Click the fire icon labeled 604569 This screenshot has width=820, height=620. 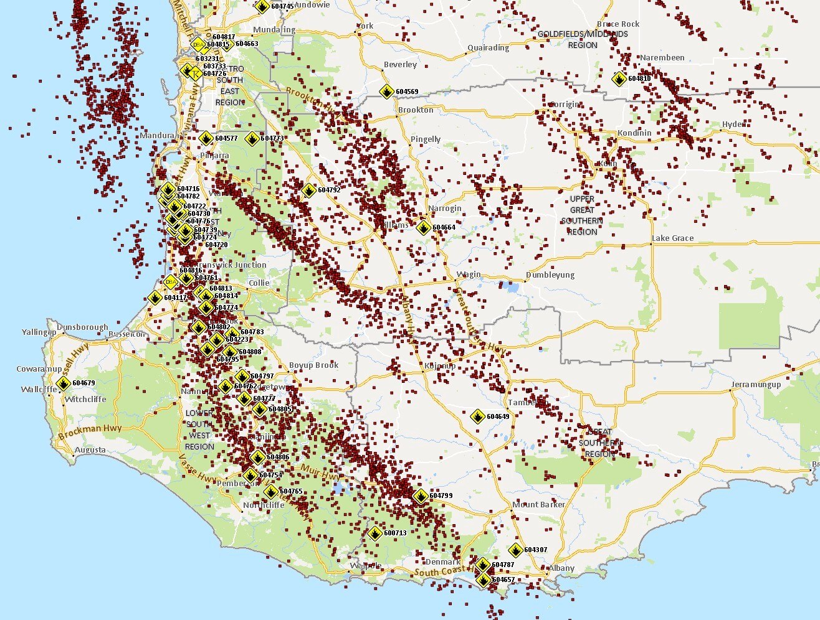point(386,92)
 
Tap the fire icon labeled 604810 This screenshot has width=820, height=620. point(619,79)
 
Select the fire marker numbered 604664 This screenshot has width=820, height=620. point(423,227)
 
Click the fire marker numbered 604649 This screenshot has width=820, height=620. point(478,416)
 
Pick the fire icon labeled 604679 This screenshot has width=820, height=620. point(63,383)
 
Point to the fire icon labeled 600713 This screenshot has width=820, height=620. point(374,533)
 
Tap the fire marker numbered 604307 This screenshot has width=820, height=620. point(515,550)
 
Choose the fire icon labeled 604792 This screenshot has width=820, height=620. point(308,190)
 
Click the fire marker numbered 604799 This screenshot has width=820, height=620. point(421,496)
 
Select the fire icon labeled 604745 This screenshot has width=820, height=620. point(262,6)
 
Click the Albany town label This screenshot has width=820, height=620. point(561,568)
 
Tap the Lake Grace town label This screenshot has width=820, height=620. point(672,238)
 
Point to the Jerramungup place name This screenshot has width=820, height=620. point(756,385)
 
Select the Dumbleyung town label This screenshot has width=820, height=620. point(550,275)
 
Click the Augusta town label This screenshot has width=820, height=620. point(90,450)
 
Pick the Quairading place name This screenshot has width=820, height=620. point(488,48)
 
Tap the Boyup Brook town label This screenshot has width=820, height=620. point(313,365)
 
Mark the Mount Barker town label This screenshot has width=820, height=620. point(538,505)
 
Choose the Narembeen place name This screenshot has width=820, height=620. point(662,58)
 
